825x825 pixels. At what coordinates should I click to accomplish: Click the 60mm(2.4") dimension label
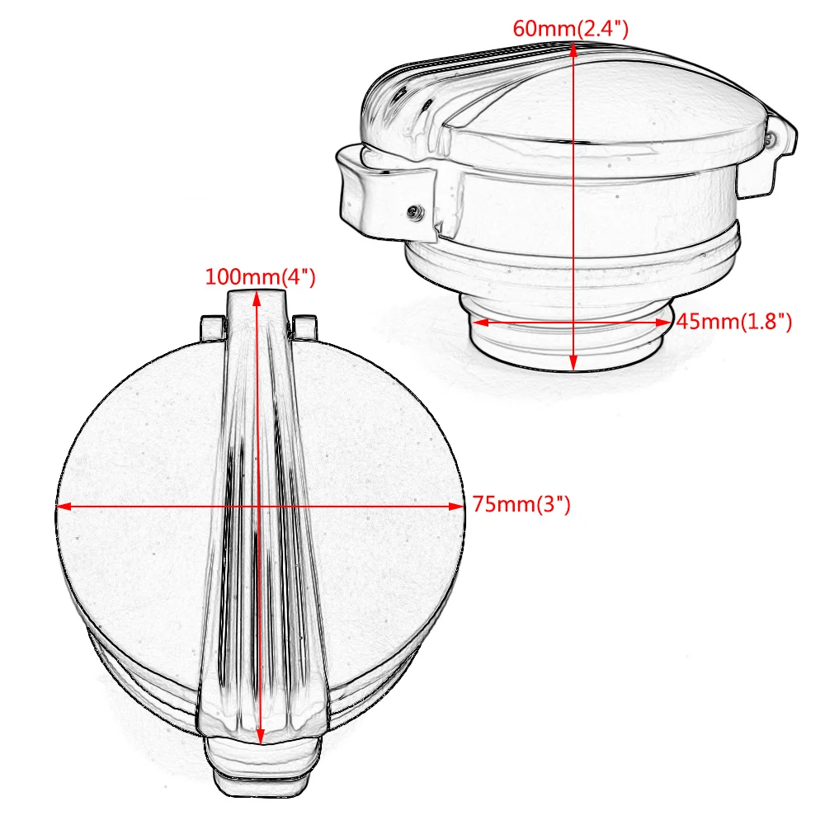point(571,28)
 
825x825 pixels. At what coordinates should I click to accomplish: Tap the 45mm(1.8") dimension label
point(734,322)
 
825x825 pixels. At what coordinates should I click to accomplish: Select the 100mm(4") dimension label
point(260,276)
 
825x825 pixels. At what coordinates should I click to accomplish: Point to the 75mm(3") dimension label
point(521,504)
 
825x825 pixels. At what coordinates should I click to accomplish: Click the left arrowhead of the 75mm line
point(63,506)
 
